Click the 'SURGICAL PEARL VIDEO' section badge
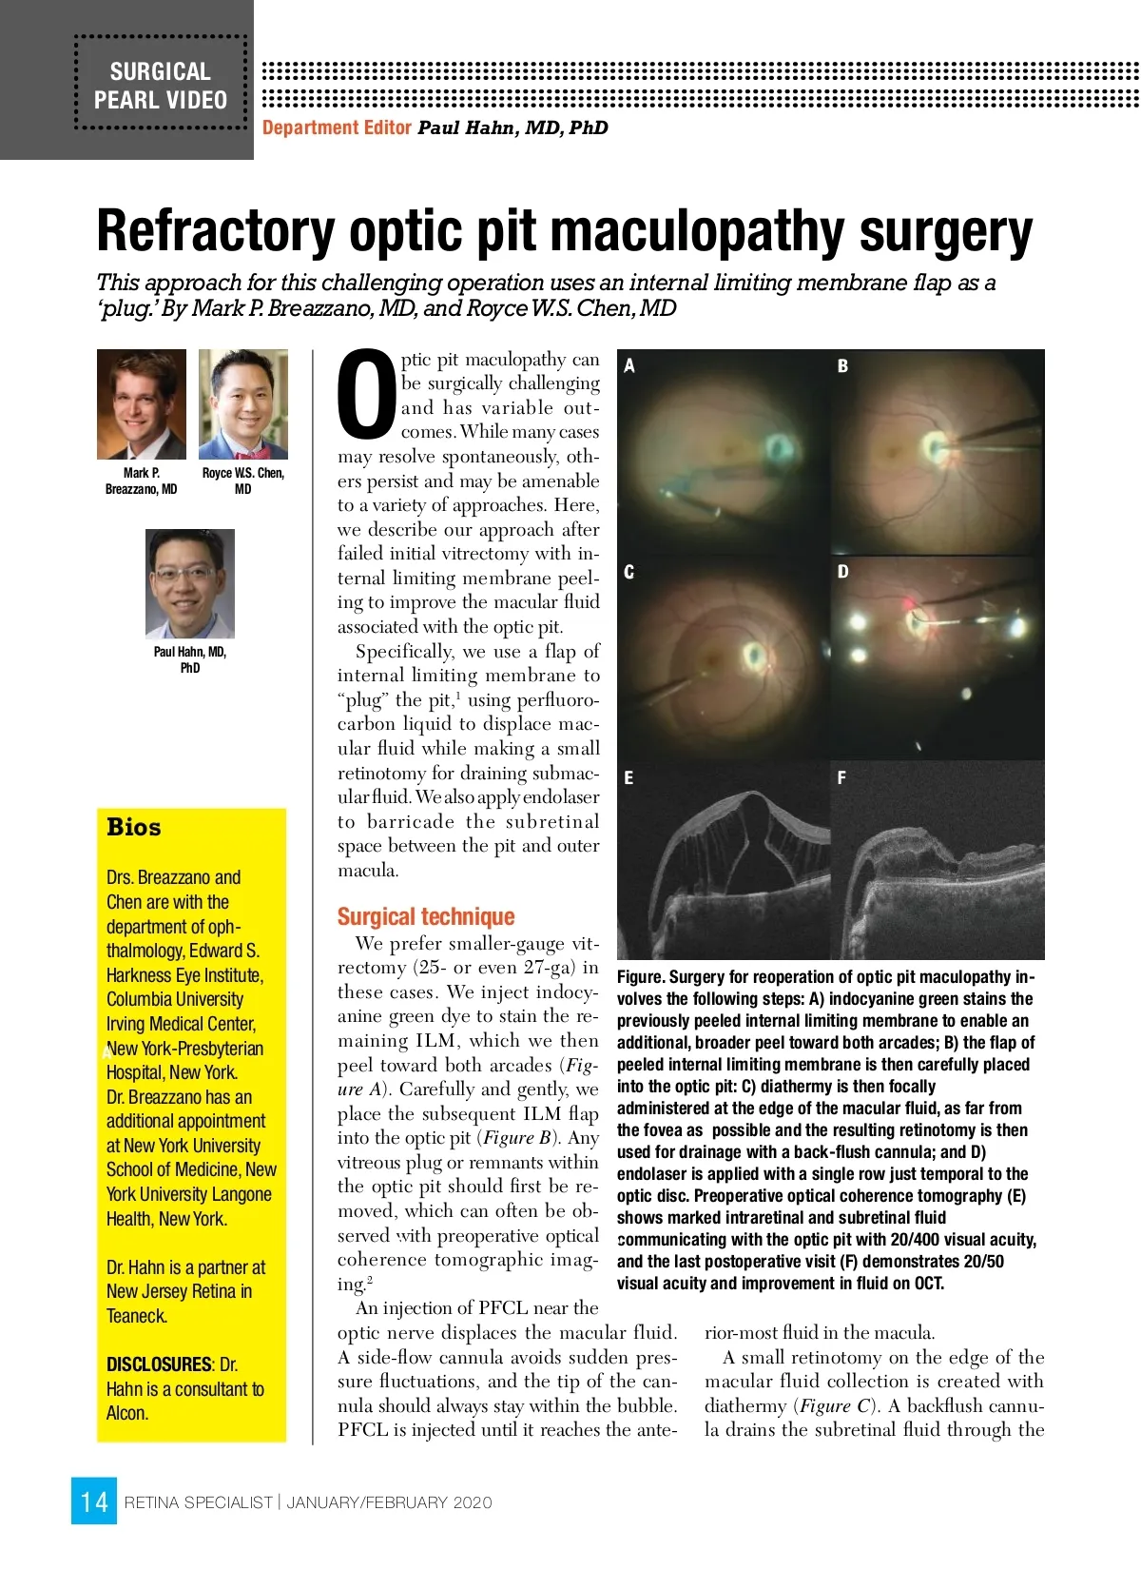pyautogui.click(x=161, y=86)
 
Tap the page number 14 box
pyautogui.click(x=94, y=1501)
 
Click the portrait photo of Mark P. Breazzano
pyautogui.click(x=142, y=404)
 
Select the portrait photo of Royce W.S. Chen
pyautogui.click(x=243, y=404)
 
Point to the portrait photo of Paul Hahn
pyautogui.click(x=190, y=583)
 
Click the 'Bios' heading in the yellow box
pyautogui.click(x=134, y=827)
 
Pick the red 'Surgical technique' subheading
pyautogui.click(x=426, y=916)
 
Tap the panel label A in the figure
pyautogui.click(x=629, y=365)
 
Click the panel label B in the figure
pyautogui.click(x=842, y=365)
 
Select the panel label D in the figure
pyautogui.click(x=842, y=571)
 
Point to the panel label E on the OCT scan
pyautogui.click(x=629, y=777)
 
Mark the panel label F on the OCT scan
pyautogui.click(x=841, y=777)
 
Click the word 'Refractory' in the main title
pyautogui.click(x=216, y=232)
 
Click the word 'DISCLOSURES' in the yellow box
pyautogui.click(x=159, y=1364)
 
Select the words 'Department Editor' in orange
pyautogui.click(x=337, y=128)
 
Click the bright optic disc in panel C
pyautogui.click(x=756, y=655)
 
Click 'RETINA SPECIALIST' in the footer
pyautogui.click(x=199, y=1502)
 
